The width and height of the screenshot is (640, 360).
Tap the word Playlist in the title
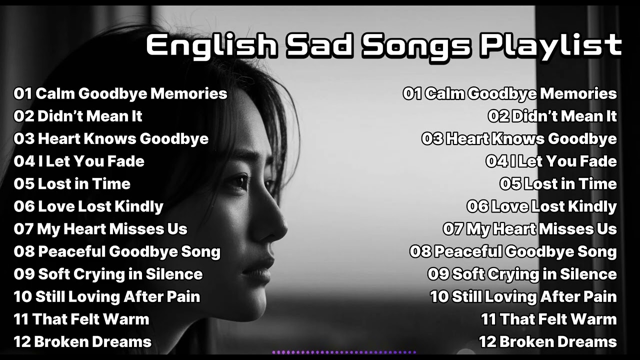point(550,45)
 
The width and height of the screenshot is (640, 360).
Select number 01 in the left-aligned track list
point(22,93)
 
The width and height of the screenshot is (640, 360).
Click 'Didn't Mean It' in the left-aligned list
point(90,116)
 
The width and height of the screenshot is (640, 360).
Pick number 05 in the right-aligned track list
point(510,184)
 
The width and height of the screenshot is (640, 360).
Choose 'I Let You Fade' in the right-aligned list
point(563,161)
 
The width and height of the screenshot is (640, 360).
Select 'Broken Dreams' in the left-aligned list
point(92,342)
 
